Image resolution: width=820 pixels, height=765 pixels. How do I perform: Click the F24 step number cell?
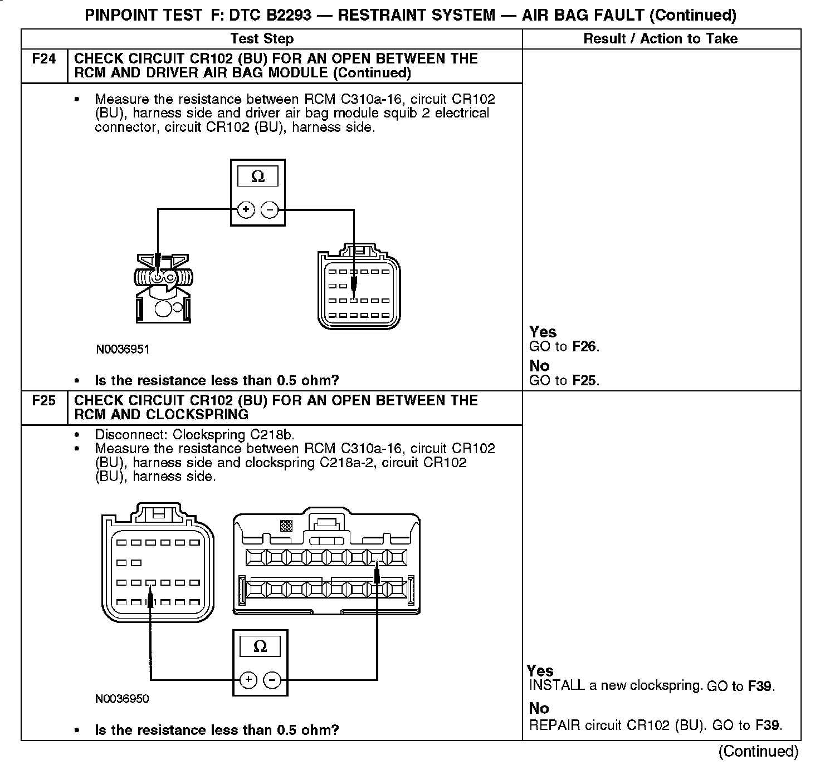click(44, 59)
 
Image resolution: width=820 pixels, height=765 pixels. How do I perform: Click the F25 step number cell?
click(44, 401)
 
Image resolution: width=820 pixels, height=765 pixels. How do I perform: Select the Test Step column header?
click(262, 38)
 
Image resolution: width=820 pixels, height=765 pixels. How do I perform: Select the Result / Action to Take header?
click(661, 38)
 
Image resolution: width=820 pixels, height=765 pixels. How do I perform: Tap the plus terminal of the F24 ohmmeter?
click(246, 210)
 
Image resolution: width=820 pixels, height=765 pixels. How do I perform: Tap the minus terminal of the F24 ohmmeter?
click(269, 210)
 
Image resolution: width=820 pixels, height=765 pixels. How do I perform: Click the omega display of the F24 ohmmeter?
click(258, 177)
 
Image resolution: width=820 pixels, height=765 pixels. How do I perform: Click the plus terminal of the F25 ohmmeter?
click(248, 680)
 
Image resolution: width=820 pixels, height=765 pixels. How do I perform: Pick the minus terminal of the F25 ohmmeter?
click(272, 680)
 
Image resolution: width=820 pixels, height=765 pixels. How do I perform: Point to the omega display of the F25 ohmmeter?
click(260, 646)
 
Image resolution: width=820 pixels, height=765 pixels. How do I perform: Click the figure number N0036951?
click(123, 350)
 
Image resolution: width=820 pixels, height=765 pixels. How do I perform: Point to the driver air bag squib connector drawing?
click(163, 288)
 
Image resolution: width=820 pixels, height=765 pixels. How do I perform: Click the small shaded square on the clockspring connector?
click(286, 525)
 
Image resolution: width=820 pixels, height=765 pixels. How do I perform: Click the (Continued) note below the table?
click(758, 751)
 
